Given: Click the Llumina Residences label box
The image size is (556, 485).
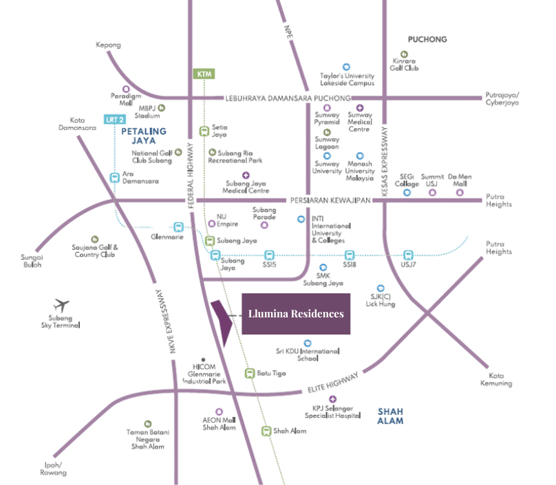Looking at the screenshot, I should coord(296,314).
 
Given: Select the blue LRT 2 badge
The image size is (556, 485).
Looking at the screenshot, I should coord(114,120).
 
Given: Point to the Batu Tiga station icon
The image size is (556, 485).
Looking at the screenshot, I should coord(250,374).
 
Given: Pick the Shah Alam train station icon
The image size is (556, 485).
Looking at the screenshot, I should coord(266,431).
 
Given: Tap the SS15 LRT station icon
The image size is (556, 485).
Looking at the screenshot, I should coord(269,255).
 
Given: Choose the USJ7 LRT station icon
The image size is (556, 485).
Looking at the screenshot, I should coord(409,255).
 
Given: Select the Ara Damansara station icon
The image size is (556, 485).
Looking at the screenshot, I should coord(115,177).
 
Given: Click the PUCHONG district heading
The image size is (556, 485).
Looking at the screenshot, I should coord(427,39).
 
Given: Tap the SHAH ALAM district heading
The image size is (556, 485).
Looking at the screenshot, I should coord(390,416).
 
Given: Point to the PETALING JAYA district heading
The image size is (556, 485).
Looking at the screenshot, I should coord(144,135).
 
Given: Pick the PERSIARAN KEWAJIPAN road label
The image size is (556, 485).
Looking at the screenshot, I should coord(328,200).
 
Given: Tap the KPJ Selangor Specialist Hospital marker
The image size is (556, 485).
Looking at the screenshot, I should coord(333,400).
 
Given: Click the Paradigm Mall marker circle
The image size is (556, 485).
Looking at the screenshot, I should coord(125,89).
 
